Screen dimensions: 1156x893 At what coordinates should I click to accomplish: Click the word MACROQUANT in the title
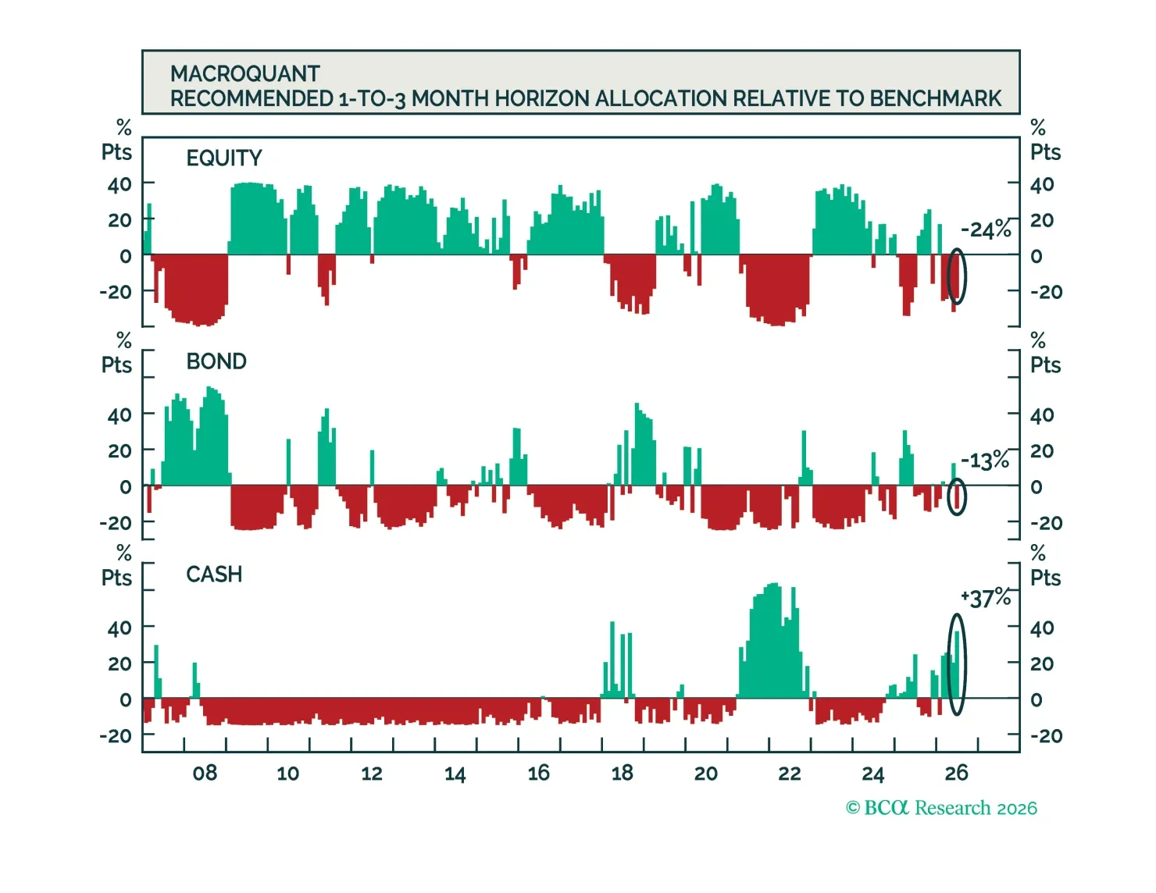click(x=244, y=74)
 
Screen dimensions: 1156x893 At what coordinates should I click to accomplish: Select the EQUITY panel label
click(x=224, y=158)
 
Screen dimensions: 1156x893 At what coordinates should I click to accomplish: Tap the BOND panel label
click(x=216, y=361)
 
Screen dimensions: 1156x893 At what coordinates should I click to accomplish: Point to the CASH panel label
click(x=214, y=574)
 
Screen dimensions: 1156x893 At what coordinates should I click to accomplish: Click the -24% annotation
click(x=985, y=229)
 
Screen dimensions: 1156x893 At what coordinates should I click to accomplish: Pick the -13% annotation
click(x=985, y=461)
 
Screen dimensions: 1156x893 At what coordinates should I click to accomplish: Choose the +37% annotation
click(x=985, y=598)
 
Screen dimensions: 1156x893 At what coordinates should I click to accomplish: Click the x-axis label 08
click(x=205, y=773)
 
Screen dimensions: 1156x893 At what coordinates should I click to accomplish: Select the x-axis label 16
click(x=538, y=773)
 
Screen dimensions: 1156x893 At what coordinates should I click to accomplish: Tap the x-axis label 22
click(x=789, y=773)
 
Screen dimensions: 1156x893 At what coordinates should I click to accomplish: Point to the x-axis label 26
click(x=956, y=773)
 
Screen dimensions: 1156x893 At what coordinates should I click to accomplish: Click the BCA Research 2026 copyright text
click(x=941, y=808)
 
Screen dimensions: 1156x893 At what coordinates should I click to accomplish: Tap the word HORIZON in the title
click(x=538, y=99)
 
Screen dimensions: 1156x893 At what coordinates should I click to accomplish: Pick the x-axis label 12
click(x=371, y=773)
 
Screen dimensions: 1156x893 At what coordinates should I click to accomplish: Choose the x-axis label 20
click(x=705, y=773)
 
